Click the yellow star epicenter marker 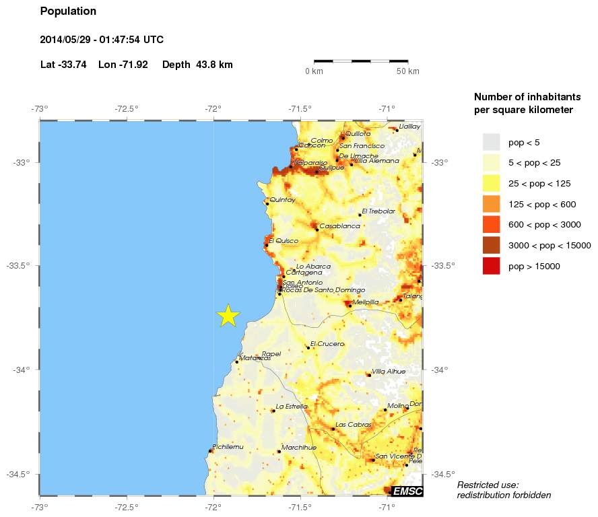[229, 315]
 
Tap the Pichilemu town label [228, 446]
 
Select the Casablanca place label [339, 226]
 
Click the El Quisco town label [283, 240]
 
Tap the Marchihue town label [299, 447]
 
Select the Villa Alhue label [389, 371]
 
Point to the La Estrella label [292, 406]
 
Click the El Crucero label [327, 343]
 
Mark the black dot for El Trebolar [360, 215]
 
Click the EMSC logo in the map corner [407, 491]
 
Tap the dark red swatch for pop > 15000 [492, 266]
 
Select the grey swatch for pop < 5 [492, 141]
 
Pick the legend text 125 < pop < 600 [542, 204]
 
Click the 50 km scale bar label [407, 71]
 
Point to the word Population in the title [68, 11]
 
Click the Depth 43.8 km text [197, 65]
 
